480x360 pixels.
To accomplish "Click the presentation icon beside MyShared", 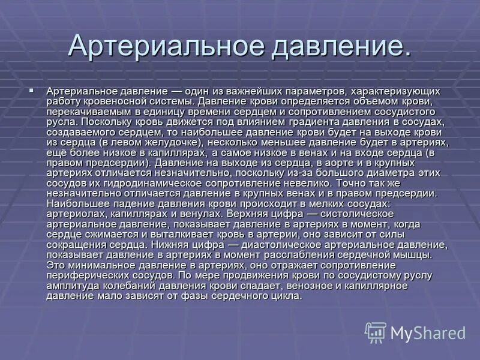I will (376, 332).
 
